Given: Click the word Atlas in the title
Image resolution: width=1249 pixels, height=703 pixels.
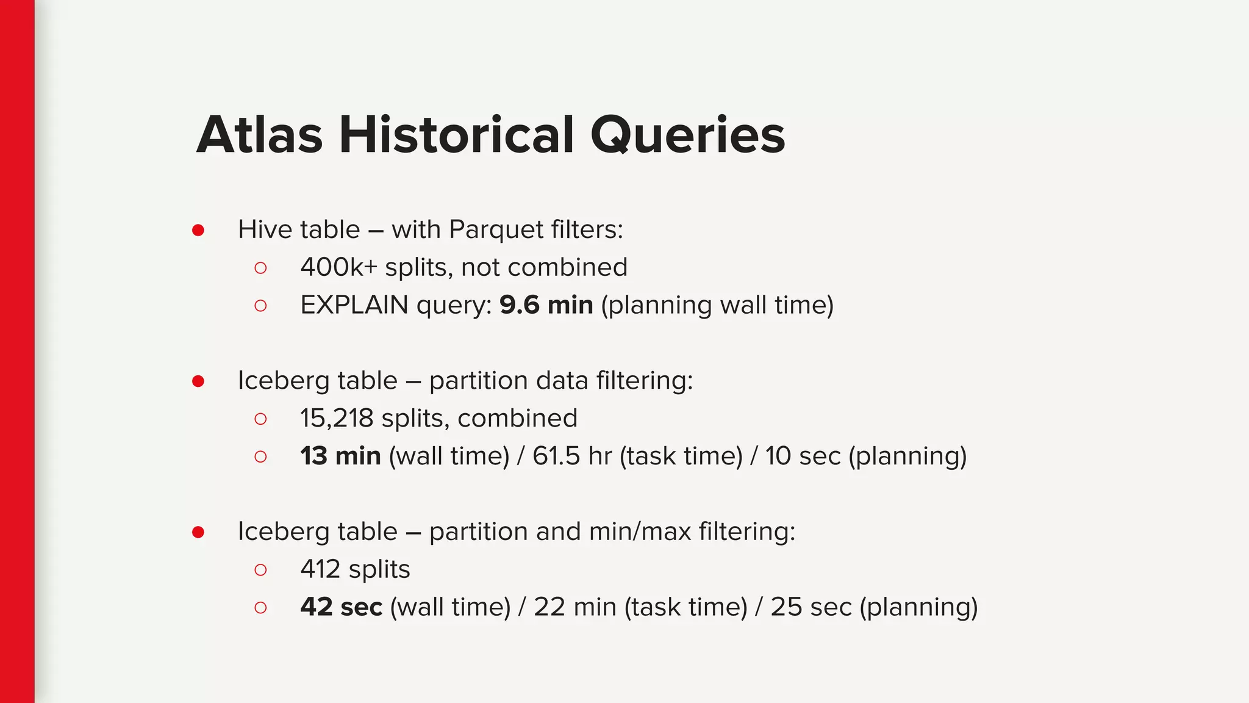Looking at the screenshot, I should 259,135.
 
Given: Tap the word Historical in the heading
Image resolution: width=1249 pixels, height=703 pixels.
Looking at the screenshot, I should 456,135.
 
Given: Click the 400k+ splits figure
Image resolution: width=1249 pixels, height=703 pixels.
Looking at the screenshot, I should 338,267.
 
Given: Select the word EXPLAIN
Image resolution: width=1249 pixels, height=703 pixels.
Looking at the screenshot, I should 354,305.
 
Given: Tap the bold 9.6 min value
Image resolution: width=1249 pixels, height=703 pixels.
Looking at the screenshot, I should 546,305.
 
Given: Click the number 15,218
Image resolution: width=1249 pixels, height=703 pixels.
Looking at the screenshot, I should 336,419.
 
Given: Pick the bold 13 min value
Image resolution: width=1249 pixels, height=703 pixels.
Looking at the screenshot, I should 340,456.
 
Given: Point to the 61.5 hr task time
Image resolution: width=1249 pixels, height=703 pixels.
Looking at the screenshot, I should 571,456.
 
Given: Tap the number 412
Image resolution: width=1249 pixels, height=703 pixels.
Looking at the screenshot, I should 320,569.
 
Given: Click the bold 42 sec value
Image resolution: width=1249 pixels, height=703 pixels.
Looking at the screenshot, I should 341,607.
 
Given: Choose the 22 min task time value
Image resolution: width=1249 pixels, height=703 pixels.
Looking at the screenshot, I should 574,607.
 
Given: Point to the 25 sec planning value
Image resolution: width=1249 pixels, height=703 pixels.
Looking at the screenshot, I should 811,607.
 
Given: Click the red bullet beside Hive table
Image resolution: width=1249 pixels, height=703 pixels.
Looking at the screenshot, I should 198,230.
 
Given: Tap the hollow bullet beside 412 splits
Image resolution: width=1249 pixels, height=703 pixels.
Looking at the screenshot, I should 260,570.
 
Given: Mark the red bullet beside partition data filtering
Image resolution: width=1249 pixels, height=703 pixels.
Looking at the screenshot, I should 198,381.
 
